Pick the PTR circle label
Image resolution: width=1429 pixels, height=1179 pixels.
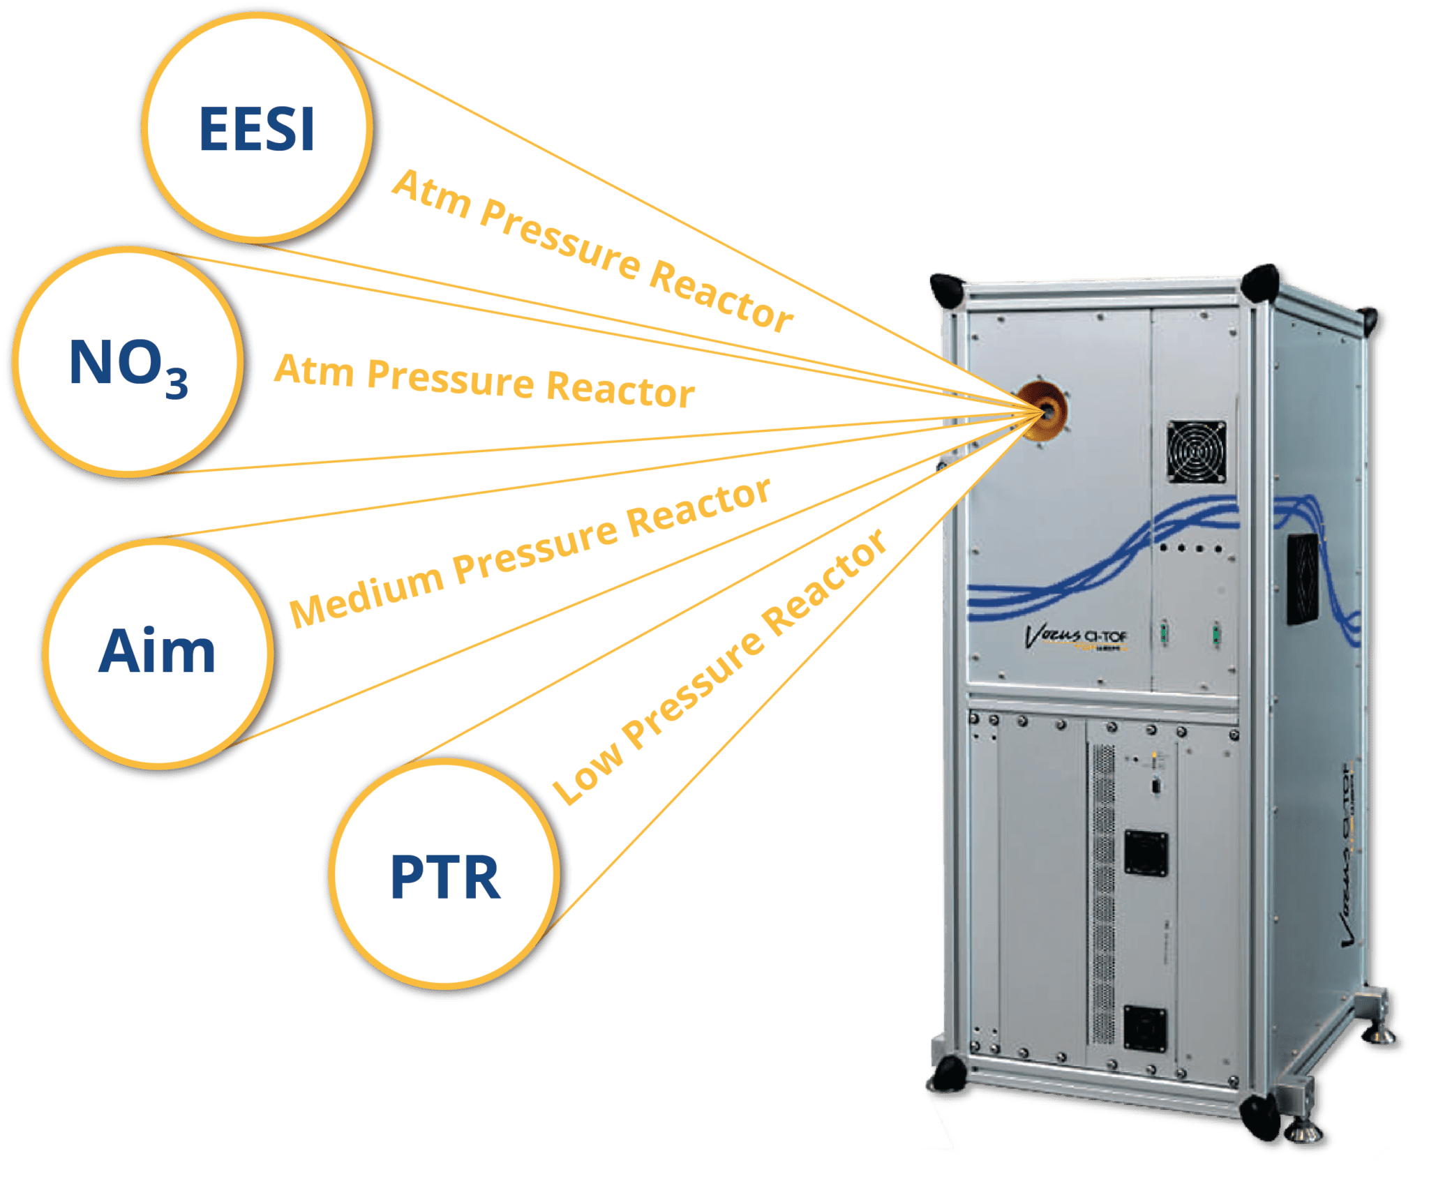[445, 877]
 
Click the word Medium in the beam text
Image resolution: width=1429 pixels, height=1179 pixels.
[366, 589]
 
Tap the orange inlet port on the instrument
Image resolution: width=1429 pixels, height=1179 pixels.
[1045, 411]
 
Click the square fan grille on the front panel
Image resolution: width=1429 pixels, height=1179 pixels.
[1196, 451]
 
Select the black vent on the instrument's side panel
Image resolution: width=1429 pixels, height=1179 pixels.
[1302, 579]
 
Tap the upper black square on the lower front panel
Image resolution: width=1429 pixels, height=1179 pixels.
[1146, 853]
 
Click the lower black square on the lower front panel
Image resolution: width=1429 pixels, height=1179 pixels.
[1144, 1029]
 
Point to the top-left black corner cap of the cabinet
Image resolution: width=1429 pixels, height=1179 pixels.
[946, 288]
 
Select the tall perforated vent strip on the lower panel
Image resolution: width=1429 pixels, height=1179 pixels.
[1102, 893]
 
